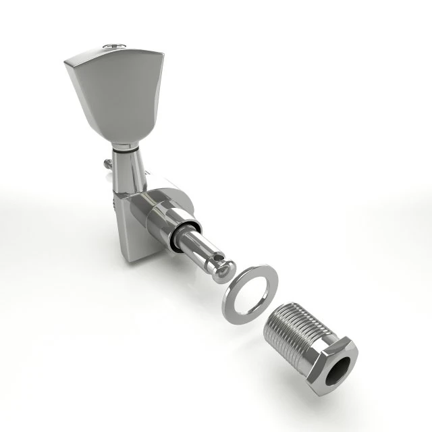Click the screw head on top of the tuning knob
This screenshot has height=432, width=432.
click(x=113, y=46)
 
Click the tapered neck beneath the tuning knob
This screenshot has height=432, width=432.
click(x=130, y=169)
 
